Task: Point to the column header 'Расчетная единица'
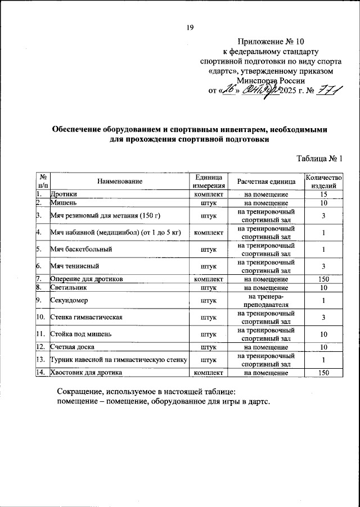point(266,181)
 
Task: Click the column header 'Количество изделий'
point(323,181)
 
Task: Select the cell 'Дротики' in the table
point(64,194)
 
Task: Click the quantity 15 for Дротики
point(323,194)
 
